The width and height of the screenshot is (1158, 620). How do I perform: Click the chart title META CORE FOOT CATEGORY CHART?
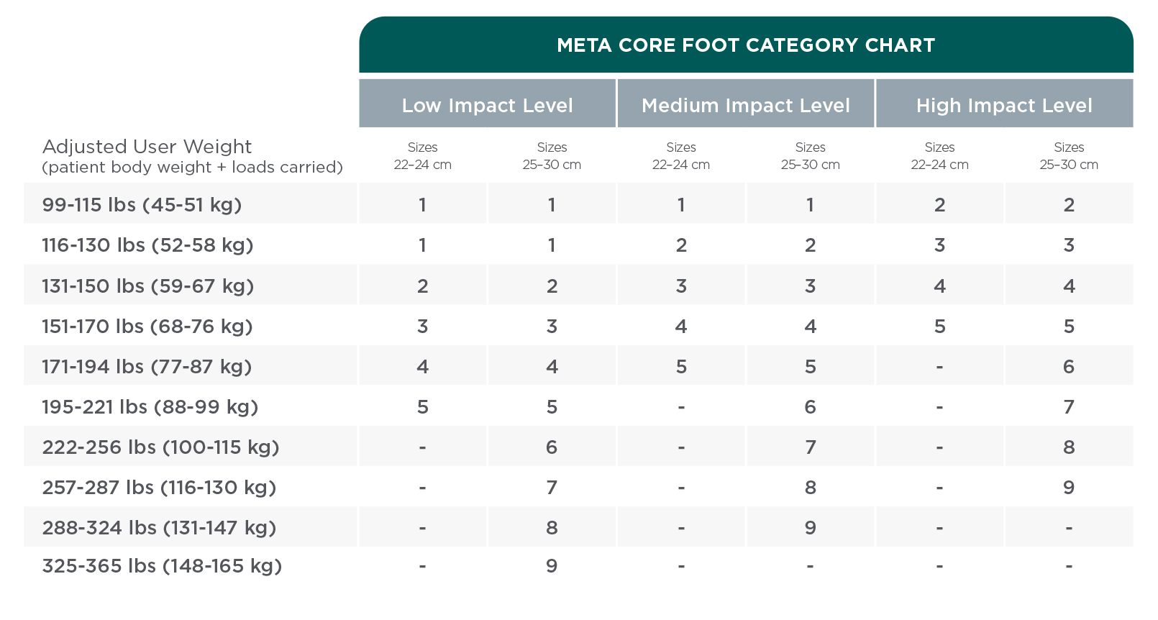(x=746, y=45)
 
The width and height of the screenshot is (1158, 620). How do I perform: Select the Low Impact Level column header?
(x=487, y=106)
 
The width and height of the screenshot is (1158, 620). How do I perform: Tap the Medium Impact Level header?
(x=746, y=106)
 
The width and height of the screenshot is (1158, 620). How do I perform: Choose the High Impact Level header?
(x=1004, y=106)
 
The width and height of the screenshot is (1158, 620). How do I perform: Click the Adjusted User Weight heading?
(x=147, y=147)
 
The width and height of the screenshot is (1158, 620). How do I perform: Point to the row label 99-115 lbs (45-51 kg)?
(x=142, y=205)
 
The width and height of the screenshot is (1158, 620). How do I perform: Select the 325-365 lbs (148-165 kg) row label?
(x=162, y=566)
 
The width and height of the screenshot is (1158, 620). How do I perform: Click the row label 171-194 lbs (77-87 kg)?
(x=147, y=367)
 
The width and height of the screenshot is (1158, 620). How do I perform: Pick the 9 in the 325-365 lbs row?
(x=552, y=566)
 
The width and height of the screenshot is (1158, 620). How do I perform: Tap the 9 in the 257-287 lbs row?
(x=1069, y=488)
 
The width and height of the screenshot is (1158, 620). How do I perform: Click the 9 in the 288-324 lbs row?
(x=811, y=528)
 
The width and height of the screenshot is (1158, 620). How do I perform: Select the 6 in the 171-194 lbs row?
(x=1069, y=367)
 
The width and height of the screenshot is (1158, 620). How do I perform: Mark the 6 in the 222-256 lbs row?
(x=552, y=447)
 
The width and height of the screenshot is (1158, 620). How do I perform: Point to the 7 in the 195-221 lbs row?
(x=1069, y=407)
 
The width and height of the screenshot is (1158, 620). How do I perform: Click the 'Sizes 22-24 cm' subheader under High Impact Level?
(x=939, y=156)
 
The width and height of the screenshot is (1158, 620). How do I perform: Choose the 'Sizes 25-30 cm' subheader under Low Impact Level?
(x=552, y=156)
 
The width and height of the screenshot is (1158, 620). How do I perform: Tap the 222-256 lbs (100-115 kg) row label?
(x=160, y=447)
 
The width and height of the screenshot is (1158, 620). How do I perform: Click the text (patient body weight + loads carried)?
(x=192, y=168)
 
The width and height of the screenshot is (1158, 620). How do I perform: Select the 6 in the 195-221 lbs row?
(x=811, y=407)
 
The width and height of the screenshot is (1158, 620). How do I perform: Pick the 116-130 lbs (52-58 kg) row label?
(x=147, y=245)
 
